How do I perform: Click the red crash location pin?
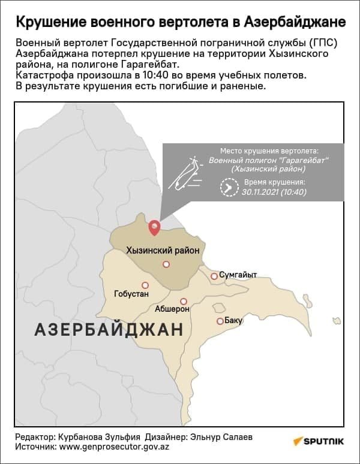point(154,227)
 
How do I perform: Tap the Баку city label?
point(234,321)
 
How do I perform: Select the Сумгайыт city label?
point(238,275)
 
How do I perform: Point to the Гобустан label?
point(131,294)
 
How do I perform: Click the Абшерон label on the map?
point(172,309)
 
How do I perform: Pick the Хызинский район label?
point(162,250)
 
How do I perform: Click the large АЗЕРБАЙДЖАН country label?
point(109,330)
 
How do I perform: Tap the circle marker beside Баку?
point(220,321)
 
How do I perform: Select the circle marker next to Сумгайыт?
point(214,276)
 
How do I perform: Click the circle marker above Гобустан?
point(145,285)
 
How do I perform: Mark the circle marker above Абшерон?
point(184,301)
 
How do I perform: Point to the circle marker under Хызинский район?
point(166,264)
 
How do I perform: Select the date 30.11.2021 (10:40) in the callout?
point(274,192)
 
